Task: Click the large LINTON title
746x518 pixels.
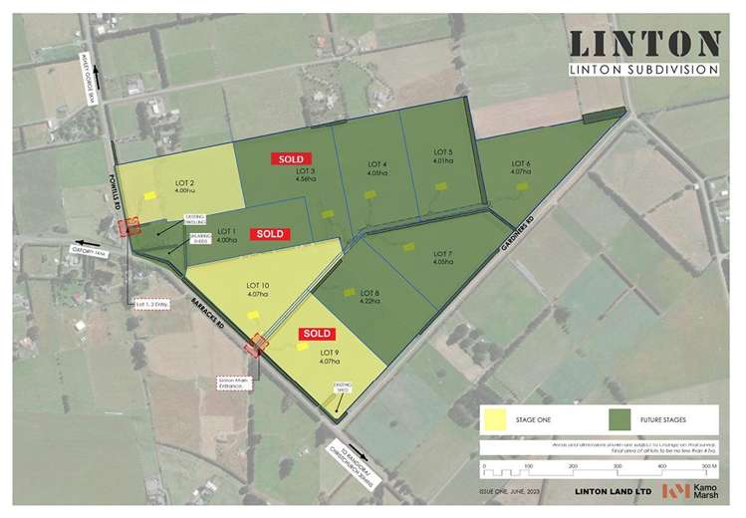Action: click(643, 44)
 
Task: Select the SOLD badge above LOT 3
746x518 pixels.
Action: click(292, 158)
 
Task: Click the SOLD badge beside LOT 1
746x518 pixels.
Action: click(270, 233)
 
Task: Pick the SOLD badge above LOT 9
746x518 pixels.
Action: click(317, 333)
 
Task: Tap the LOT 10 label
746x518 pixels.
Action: click(257, 289)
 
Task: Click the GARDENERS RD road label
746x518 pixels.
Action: click(515, 236)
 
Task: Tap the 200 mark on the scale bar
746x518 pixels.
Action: click(573, 465)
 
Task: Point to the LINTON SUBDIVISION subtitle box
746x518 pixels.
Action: click(643, 69)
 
